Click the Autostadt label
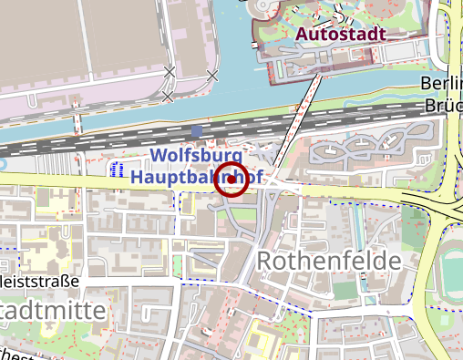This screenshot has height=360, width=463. (341, 35)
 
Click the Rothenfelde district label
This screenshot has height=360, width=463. (329, 262)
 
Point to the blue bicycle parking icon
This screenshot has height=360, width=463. (117, 170)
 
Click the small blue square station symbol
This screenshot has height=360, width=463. (210, 130)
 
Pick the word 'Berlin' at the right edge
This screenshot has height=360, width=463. (441, 85)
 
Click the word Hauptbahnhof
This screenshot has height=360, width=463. (195, 176)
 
